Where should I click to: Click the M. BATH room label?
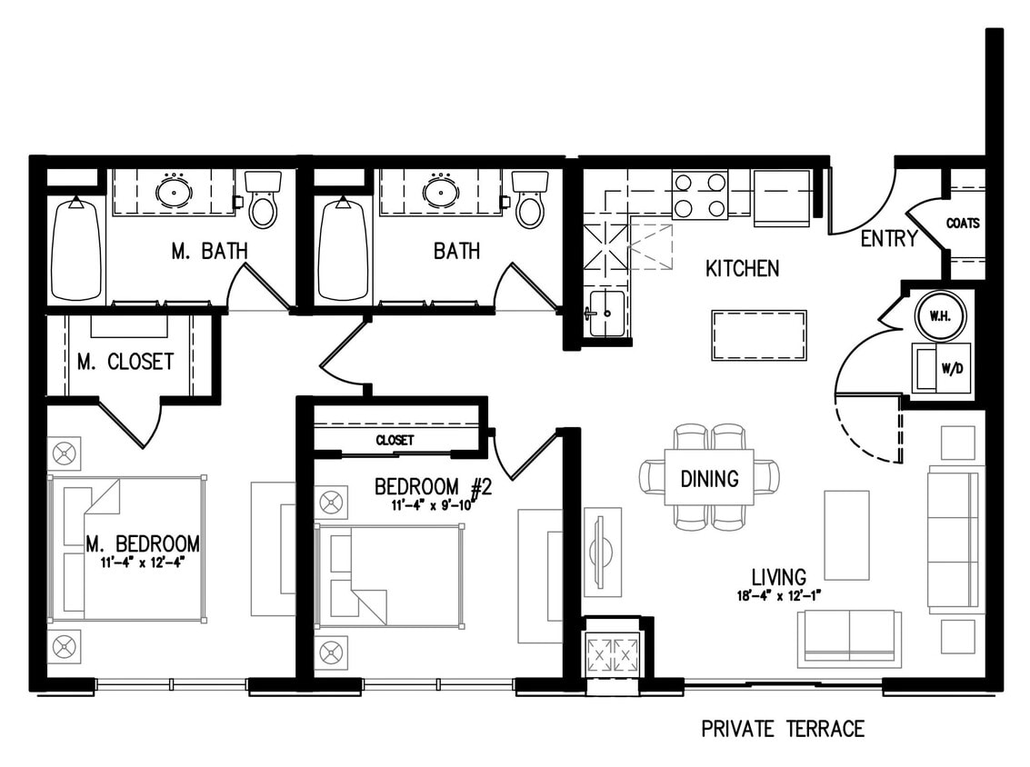click(x=210, y=251)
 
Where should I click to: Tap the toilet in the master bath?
click(x=263, y=199)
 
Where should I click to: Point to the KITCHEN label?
click(x=743, y=269)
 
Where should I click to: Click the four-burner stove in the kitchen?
click(x=700, y=194)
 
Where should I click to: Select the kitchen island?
click(x=759, y=335)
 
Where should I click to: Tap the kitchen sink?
click(x=605, y=314)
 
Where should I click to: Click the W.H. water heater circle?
click(x=941, y=316)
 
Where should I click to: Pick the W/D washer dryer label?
click(x=952, y=368)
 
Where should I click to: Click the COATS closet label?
click(x=963, y=224)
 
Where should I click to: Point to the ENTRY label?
click(x=889, y=238)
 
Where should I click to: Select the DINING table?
click(x=709, y=477)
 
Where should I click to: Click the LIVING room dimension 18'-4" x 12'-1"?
click(x=779, y=596)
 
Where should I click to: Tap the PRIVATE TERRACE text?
click(x=783, y=729)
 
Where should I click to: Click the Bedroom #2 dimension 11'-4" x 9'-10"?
click(x=432, y=505)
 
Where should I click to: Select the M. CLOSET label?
click(x=125, y=361)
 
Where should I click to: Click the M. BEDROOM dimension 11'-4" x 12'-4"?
click(x=141, y=563)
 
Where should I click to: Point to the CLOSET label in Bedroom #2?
click(x=395, y=440)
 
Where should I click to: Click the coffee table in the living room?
click(x=846, y=535)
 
